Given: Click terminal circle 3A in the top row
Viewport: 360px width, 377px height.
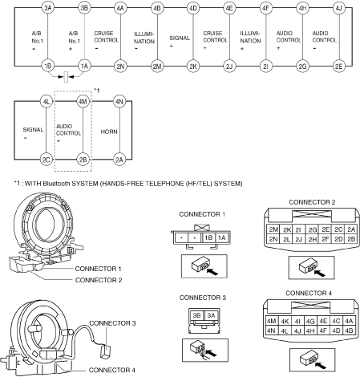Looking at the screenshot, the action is [x=47, y=8].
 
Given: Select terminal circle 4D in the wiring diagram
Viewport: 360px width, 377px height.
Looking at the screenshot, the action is [x=193, y=8].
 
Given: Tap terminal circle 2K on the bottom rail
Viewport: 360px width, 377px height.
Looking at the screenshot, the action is [x=193, y=66].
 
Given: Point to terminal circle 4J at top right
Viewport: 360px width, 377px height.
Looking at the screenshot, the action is [x=338, y=8].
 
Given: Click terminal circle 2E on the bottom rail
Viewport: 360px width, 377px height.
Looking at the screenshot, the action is [x=338, y=66].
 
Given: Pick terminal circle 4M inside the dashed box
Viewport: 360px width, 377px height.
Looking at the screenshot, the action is [x=83, y=101].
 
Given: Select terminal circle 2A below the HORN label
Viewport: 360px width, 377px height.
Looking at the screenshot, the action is [x=119, y=160].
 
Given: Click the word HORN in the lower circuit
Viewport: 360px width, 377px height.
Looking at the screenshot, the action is [x=109, y=132].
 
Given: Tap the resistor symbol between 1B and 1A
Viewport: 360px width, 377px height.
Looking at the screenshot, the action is [x=66, y=77].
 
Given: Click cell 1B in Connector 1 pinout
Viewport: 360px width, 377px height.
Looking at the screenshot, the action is [x=208, y=237].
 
